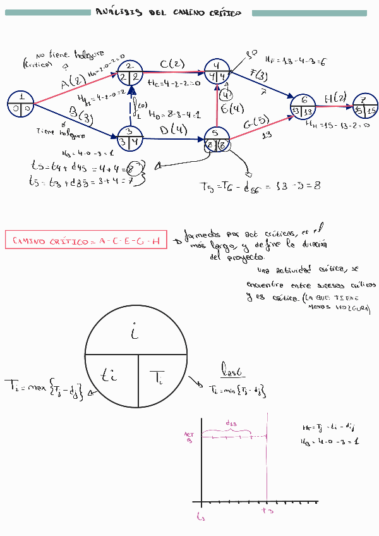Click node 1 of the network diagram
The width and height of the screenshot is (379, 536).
pos(22,104)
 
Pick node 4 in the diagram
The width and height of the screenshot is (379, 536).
pos(217,72)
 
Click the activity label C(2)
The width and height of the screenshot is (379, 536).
pos(172,64)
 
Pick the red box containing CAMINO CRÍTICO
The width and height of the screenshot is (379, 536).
pos(86,241)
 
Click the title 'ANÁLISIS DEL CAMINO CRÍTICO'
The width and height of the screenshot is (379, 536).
pos(167,13)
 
